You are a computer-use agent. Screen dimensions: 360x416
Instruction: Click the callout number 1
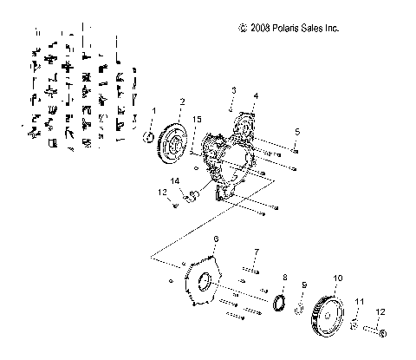154,111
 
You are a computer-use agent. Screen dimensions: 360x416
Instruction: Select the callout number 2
181,101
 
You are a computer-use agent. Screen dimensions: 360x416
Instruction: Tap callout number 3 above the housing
232,91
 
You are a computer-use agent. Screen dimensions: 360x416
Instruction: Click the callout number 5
296,131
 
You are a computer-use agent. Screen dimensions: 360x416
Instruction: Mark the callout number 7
256,252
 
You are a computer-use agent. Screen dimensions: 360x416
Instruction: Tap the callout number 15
198,119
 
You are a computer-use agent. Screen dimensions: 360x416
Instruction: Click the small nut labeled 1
150,137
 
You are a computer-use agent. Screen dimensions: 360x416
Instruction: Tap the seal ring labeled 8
279,303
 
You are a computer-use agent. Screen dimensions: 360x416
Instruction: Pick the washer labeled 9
299,309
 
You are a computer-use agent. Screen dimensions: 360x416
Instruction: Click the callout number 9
304,284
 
